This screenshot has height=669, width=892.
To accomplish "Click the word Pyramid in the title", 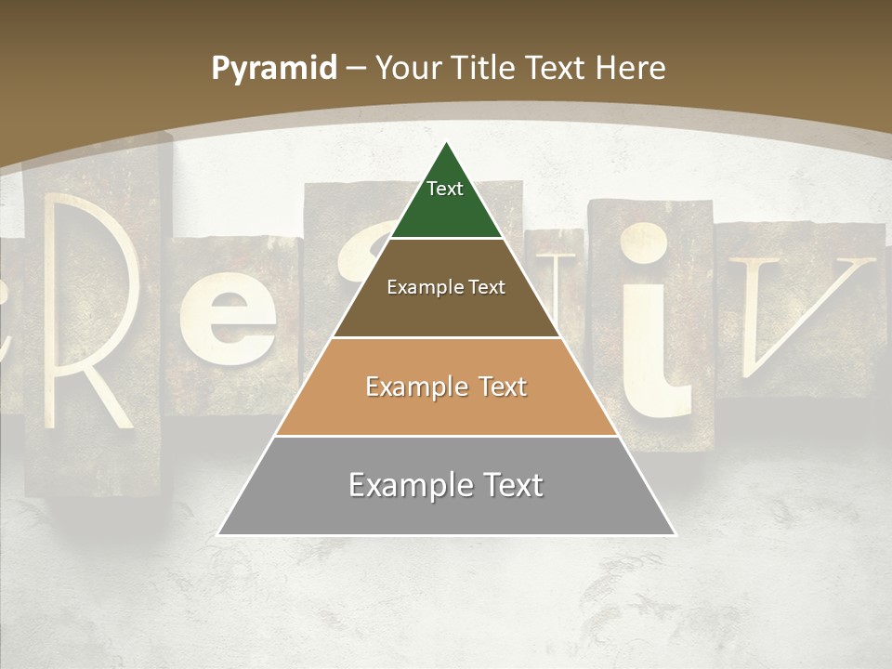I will point(274,68).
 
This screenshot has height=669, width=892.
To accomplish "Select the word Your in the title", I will point(408,68).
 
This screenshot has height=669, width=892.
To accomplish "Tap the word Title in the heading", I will point(483,68).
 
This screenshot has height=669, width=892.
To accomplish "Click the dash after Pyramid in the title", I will point(356,69).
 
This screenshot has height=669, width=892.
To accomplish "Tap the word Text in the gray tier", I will point(514,485).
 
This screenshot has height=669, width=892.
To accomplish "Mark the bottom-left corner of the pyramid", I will point(219,534).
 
